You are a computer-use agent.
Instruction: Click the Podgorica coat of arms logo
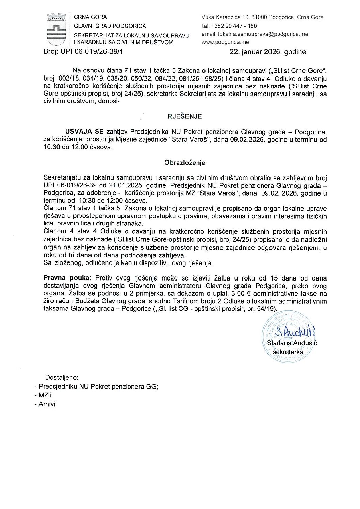pyautogui.click(x=56, y=30)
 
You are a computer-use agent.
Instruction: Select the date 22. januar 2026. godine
pyautogui.click(x=268, y=52)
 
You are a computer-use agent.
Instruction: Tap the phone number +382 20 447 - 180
pyautogui.click(x=234, y=26)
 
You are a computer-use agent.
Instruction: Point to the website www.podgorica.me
pyautogui.click(x=225, y=42)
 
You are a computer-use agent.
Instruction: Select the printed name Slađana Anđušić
pyautogui.click(x=292, y=343)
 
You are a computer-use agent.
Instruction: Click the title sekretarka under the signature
pyautogui.click(x=288, y=352)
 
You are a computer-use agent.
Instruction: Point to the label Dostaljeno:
pyautogui.click(x=62, y=377)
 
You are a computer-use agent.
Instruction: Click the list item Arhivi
pyautogui.click(x=47, y=404)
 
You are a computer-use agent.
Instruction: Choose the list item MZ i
pyautogui.click(x=45, y=395)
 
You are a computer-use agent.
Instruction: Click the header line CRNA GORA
pyautogui.click(x=90, y=17)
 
